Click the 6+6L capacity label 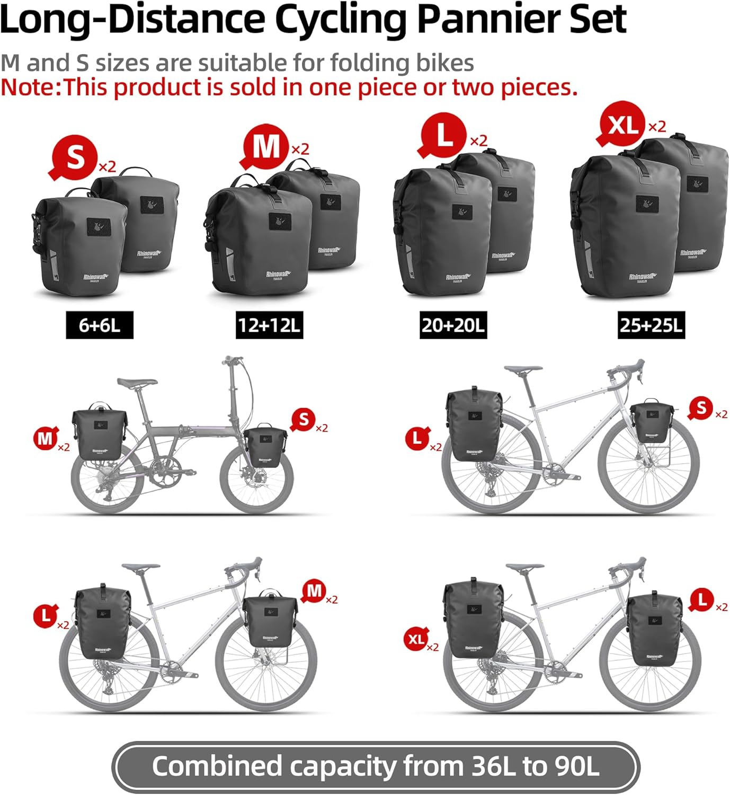point(99,325)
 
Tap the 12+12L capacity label point(269,325)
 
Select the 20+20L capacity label point(453,325)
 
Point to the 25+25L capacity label point(651,325)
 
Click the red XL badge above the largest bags point(622,125)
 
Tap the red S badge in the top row point(75,157)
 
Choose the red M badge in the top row point(266,147)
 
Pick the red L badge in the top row point(444,136)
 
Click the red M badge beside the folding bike point(46,439)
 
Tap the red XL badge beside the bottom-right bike point(416,639)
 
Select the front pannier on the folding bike point(265,446)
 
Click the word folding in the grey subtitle point(370,63)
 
